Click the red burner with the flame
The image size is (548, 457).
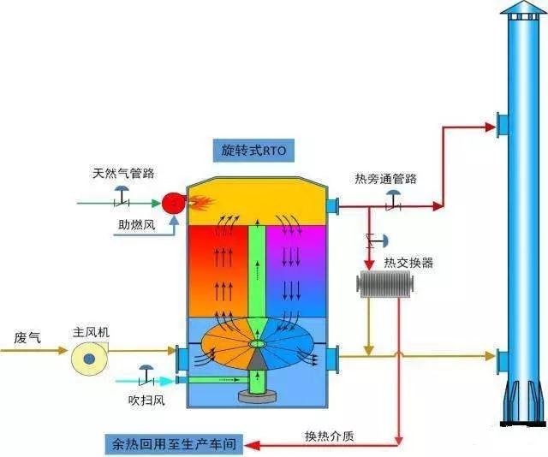[174, 203]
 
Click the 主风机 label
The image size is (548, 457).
[91, 331]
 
